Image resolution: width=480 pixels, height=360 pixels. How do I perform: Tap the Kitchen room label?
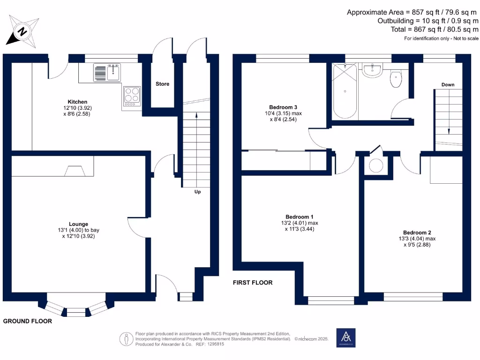pos(77,102)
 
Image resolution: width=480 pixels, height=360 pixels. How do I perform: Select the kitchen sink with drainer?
pos(107,72)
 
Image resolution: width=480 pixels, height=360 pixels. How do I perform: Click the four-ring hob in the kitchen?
pos(132,95)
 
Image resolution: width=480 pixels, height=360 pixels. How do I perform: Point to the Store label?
pos(162,84)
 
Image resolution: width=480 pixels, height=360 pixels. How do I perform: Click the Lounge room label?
pos(78,224)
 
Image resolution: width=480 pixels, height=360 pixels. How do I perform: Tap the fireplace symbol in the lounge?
pos(73,172)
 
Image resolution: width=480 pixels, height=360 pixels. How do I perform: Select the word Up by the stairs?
pos(197,192)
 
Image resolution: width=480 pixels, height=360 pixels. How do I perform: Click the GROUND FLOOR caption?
pos(28,321)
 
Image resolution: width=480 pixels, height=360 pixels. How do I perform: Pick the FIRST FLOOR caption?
pos(253,283)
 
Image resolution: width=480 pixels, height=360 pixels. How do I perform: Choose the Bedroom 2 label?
pos(417,232)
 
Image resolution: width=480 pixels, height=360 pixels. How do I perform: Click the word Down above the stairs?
pos(448,85)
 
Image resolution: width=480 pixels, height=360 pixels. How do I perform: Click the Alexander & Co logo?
pos(346,337)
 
